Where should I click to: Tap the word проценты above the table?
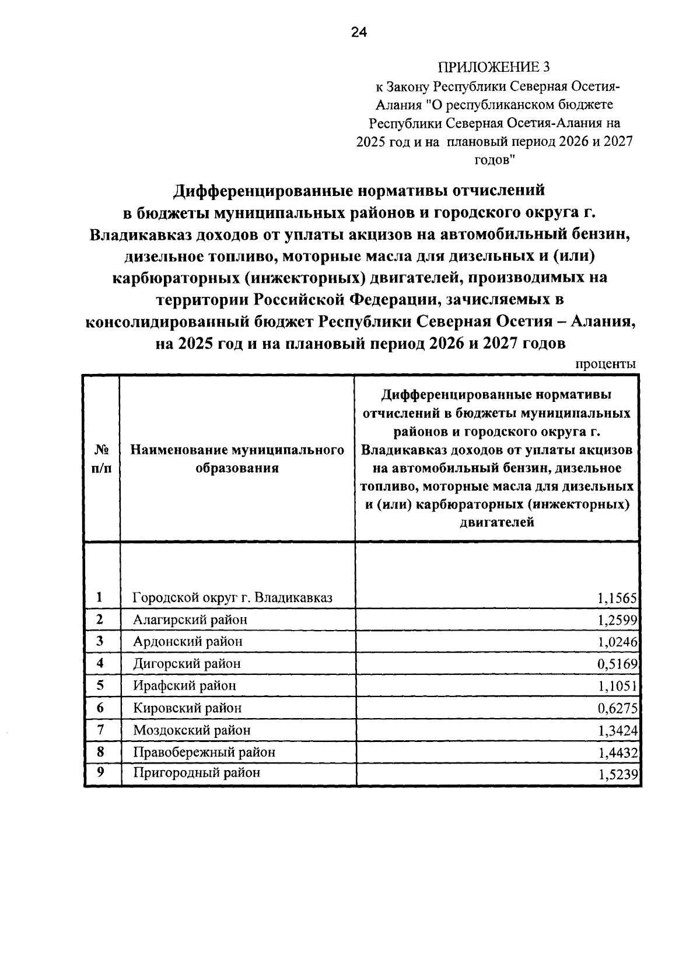click(x=605, y=364)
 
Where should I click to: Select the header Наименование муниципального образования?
click(x=237, y=459)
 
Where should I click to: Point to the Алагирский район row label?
click(x=190, y=619)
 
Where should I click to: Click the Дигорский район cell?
click(x=187, y=664)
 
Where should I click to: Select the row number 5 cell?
click(x=100, y=685)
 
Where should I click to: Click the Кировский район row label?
click(x=187, y=708)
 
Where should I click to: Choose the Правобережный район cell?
click(x=204, y=752)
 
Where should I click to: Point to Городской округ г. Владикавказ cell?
click(x=232, y=598)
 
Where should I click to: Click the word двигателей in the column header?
click(x=497, y=522)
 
